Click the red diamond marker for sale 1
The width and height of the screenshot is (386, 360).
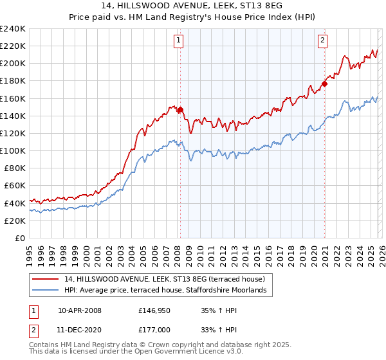[x=180, y=110]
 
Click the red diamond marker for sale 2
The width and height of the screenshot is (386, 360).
[x=325, y=84]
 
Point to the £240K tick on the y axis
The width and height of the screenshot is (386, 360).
[x=12, y=29]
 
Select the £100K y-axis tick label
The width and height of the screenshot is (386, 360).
[x=12, y=150]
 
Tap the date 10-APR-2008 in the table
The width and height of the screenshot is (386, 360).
[x=80, y=310]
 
